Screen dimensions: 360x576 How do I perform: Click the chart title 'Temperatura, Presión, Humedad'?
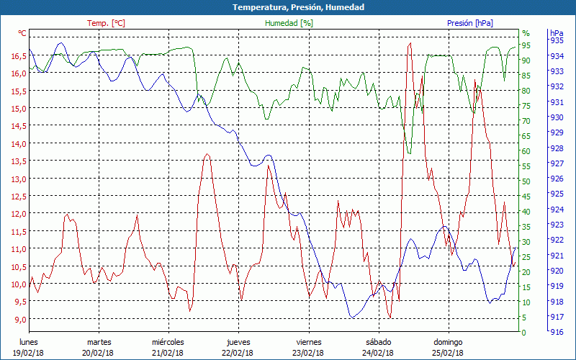tap(288, 7)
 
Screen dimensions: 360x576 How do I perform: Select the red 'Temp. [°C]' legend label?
tap(106, 23)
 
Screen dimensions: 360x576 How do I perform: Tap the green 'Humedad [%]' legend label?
tap(289, 23)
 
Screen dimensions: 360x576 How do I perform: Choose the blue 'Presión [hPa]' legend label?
tap(470, 23)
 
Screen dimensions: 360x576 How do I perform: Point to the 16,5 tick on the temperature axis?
tap(18, 55)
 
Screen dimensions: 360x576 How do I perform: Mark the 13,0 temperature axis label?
tap(18, 179)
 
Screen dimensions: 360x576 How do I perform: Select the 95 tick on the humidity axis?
tap(526, 45)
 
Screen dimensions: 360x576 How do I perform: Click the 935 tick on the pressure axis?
tap(557, 40)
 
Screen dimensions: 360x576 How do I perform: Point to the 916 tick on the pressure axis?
tap(557, 332)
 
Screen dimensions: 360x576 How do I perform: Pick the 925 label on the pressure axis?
tap(557, 194)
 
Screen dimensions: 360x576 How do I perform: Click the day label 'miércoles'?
tap(168, 342)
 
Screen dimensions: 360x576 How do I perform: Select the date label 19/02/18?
tap(29, 353)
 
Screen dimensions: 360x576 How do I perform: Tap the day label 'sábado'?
tap(379, 342)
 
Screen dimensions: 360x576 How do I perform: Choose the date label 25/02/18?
tap(449, 353)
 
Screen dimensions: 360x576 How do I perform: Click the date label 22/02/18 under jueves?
tap(238, 353)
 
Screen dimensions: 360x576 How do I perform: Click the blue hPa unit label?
tap(557, 33)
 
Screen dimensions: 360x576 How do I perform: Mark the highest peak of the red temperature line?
tap(410, 43)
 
